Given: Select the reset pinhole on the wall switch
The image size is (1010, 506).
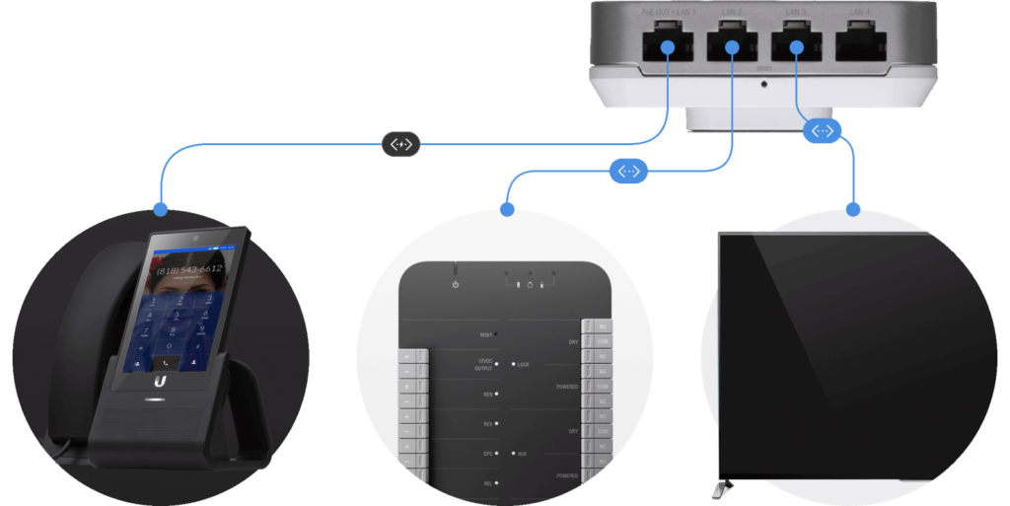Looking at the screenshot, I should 765,82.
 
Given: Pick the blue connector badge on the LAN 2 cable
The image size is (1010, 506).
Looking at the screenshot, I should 628,172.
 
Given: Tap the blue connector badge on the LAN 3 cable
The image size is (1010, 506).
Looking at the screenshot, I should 823,130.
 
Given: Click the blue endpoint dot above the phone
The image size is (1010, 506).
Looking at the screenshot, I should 160,209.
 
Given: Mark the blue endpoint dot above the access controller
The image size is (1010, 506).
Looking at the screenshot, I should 507,209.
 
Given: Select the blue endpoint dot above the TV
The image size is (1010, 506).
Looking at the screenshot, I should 853,209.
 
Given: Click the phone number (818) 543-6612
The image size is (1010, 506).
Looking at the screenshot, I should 188,268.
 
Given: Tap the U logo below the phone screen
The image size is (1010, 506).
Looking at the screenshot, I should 160,379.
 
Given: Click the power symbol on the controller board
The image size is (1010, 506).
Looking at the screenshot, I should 455,285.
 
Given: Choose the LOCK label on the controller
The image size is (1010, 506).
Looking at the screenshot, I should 523,365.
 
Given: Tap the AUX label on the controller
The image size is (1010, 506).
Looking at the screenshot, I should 522,455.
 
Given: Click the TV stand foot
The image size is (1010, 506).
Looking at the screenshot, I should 722,487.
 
